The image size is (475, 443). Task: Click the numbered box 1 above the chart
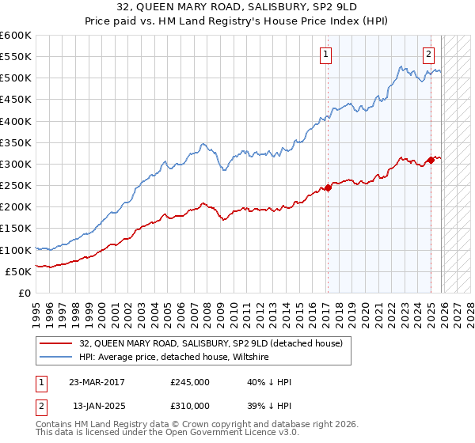pyautogui.click(x=325, y=55)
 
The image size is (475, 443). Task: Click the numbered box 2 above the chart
pyautogui.click(x=428, y=55)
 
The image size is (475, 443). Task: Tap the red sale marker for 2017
pyautogui.click(x=328, y=187)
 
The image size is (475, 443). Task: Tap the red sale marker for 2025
pyautogui.click(x=431, y=160)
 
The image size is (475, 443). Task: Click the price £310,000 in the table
pyautogui.click(x=190, y=405)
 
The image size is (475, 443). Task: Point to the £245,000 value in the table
pyautogui.click(x=190, y=382)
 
